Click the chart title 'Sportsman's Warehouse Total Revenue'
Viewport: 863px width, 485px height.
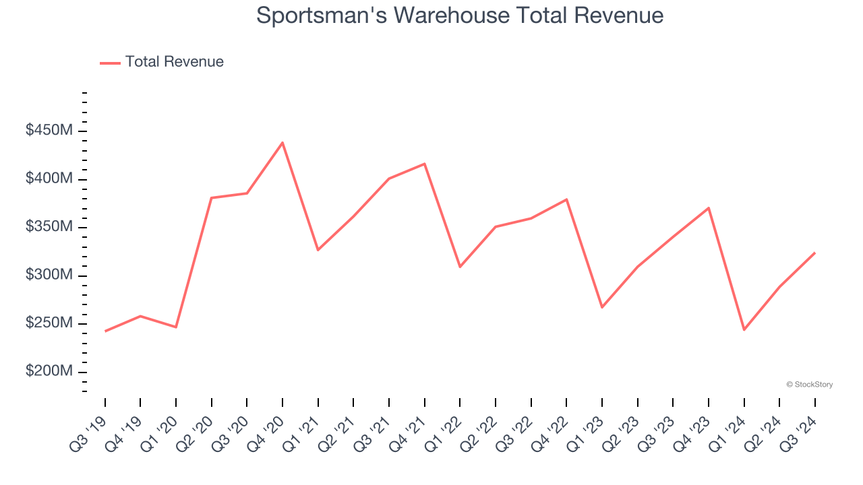(460, 15)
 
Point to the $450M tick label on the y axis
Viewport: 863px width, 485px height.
(49, 131)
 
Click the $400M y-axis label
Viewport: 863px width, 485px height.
(49, 179)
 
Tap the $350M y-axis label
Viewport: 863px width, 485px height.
(49, 227)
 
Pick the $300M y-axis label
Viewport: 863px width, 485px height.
(49, 276)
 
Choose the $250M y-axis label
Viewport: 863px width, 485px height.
(49, 324)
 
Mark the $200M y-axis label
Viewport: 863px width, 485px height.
(49, 372)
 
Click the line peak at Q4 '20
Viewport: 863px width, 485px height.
(282, 142)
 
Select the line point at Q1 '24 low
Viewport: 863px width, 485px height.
(744, 330)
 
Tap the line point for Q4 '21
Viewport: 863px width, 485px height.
(425, 164)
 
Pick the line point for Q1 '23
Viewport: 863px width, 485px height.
(602, 307)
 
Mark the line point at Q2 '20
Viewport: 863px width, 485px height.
(212, 198)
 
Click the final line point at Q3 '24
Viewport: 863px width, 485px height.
(815, 253)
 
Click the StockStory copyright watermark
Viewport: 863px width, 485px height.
(809, 385)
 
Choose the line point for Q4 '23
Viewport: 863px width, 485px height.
(709, 207)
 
